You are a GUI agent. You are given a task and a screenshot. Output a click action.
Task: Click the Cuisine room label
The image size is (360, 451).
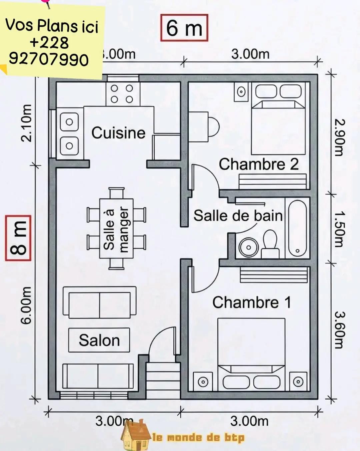point(118,133)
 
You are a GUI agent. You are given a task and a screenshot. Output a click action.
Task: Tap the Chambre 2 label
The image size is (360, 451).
point(259,164)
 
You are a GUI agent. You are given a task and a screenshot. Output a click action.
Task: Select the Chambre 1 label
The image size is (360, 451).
point(252,302)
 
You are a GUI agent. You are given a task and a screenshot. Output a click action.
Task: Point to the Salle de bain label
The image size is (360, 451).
point(238,215)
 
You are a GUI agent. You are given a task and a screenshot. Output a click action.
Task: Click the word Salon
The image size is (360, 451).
point(99,340)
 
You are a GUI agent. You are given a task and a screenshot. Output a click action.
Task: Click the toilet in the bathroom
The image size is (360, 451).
point(270,244)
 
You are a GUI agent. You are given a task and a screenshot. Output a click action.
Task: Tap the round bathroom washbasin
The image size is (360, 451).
point(248,247)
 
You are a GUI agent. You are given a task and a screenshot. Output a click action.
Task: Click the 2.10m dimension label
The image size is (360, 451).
point(26,123)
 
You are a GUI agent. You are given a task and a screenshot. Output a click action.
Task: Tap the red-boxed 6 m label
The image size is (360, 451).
point(184,28)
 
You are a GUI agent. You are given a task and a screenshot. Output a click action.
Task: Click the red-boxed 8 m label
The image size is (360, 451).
point(18,238)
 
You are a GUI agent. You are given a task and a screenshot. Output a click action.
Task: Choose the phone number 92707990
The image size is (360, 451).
point(49,59)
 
